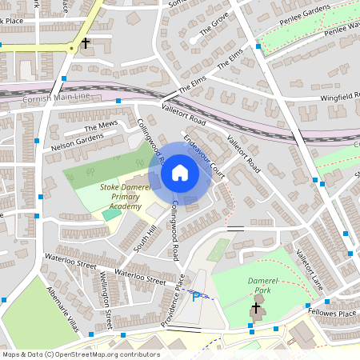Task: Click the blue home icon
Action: (x=180, y=172)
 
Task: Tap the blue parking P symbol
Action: (x=195, y=297)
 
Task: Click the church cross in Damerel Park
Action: (x=257, y=308)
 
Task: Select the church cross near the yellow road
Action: (x=85, y=43)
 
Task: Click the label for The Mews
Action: (x=101, y=126)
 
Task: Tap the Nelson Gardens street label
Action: (x=77, y=141)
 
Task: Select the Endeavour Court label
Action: (x=205, y=156)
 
